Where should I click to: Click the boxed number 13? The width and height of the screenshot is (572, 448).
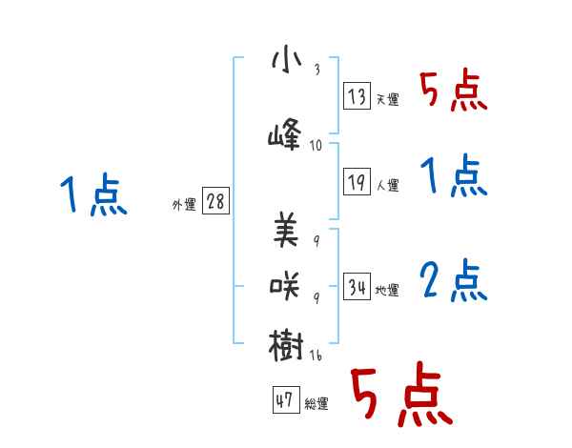pyautogui.click(x=357, y=95)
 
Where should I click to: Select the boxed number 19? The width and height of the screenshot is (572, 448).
pyautogui.click(x=357, y=181)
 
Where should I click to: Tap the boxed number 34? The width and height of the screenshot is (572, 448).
pyautogui.click(x=357, y=286)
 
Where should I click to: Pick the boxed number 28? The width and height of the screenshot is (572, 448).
pyautogui.click(x=215, y=202)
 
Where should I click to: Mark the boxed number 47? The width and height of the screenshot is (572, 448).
pyautogui.click(x=284, y=400)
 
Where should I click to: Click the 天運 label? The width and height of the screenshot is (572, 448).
pyautogui.click(x=387, y=99)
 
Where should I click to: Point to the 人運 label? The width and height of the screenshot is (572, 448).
pyautogui.click(x=387, y=185)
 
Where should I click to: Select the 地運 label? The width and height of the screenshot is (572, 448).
pyautogui.click(x=387, y=290)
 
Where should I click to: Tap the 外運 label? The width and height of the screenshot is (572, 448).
pyautogui.click(x=183, y=205)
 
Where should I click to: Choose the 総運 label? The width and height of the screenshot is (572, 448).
pyautogui.click(x=316, y=404)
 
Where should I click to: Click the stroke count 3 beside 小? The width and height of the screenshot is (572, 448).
pyautogui.click(x=317, y=69)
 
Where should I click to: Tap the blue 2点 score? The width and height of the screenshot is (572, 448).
pyautogui.click(x=454, y=280)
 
